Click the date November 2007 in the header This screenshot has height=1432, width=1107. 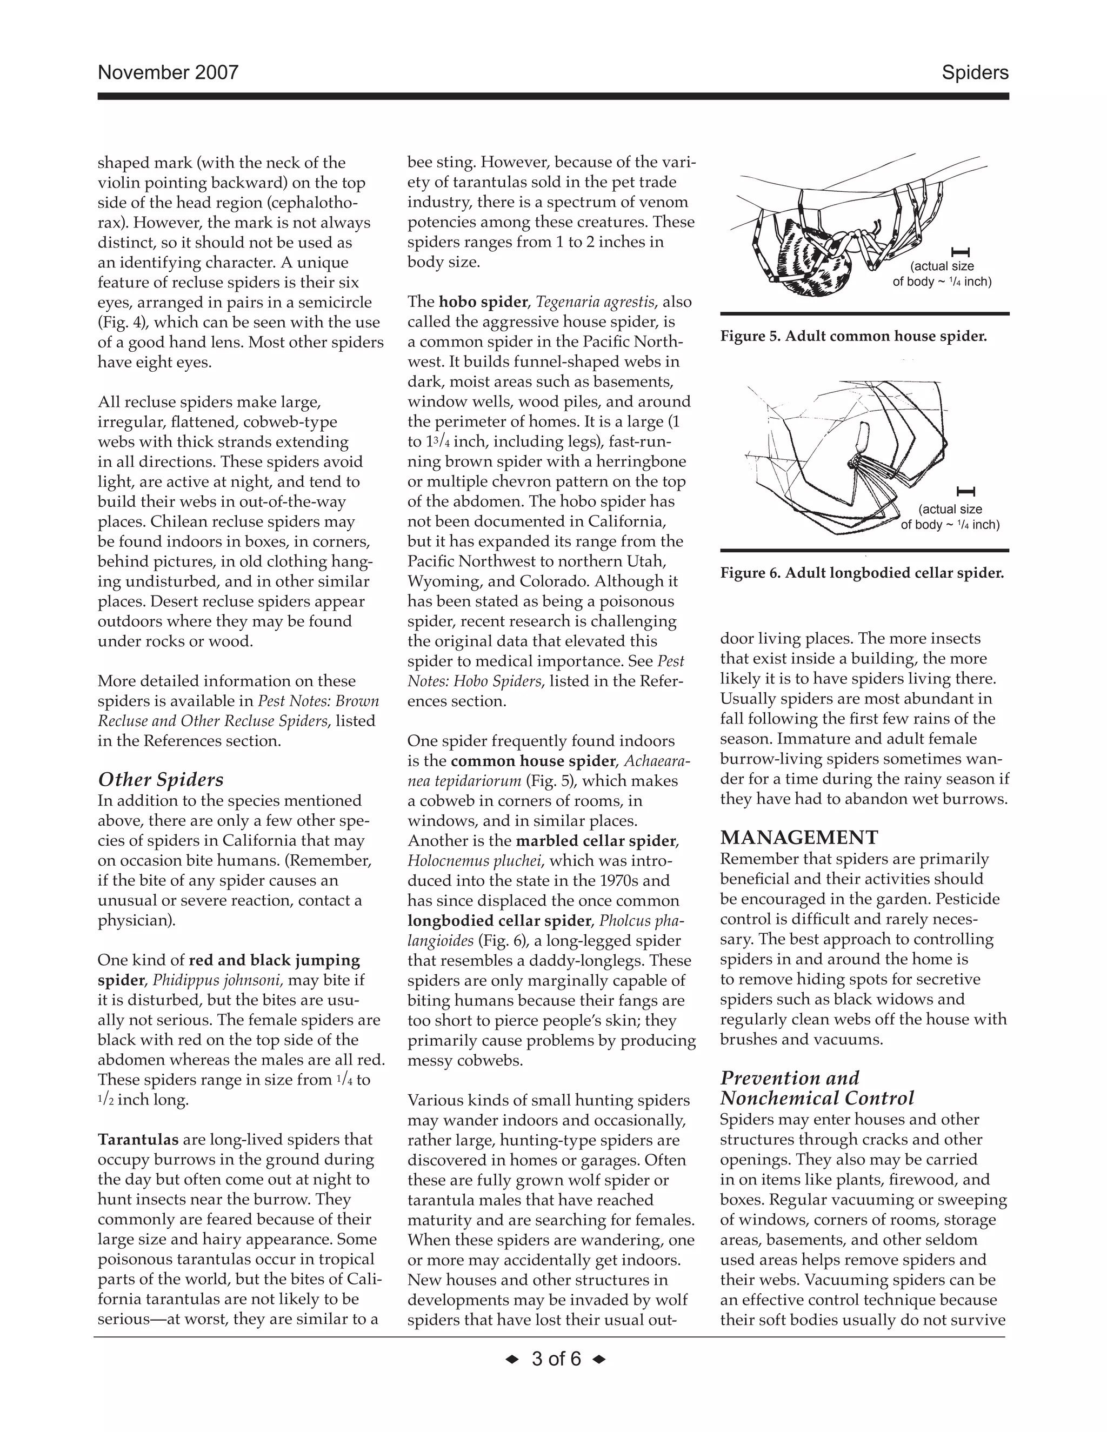[x=168, y=72]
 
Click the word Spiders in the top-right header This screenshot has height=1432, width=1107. [x=975, y=72]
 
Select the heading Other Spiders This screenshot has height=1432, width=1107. [x=161, y=780]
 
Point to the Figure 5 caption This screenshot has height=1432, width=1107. [x=853, y=336]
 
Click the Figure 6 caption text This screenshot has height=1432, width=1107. [x=862, y=573]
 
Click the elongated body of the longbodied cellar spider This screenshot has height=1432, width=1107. [x=862, y=437]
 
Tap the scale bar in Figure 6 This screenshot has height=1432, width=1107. [x=966, y=491]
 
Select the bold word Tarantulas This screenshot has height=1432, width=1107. [x=138, y=1140]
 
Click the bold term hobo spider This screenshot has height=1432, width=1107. [x=483, y=302]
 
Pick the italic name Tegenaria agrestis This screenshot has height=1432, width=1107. [x=595, y=302]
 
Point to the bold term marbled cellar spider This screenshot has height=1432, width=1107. [x=596, y=841]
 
